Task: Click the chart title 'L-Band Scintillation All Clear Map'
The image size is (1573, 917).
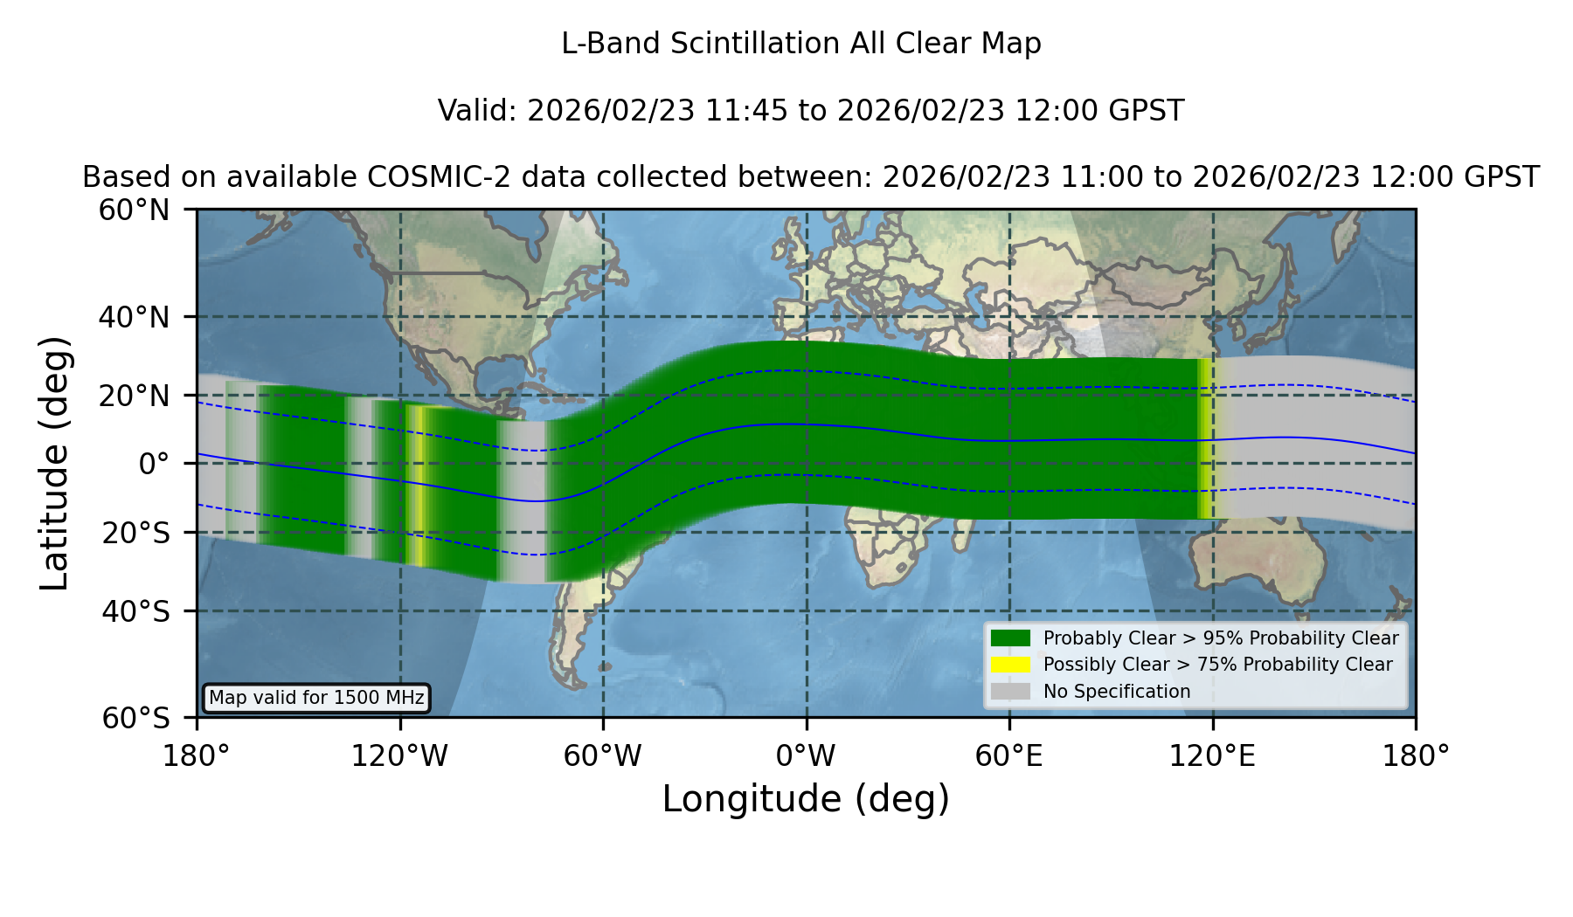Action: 800,44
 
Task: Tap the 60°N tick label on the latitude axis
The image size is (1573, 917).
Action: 135,210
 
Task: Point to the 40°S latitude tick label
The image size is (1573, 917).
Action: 135,611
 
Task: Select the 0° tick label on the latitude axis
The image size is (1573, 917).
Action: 154,464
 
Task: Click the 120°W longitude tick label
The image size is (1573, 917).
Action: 399,755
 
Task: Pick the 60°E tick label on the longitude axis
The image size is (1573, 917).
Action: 1009,755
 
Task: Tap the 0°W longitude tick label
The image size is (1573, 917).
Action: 806,755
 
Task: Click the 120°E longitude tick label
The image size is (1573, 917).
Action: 1212,755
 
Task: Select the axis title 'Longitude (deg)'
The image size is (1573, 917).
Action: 806,799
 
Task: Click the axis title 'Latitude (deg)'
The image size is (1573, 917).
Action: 54,463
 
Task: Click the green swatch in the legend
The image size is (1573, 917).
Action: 1010,638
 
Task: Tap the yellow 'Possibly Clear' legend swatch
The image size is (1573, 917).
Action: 1010,665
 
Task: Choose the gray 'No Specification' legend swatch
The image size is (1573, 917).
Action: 1010,692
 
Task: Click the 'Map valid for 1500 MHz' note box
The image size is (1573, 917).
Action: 316,698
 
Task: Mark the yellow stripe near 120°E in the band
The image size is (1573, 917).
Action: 1206,438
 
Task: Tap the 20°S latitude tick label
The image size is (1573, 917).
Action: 135,533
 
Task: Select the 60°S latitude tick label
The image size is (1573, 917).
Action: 135,718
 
